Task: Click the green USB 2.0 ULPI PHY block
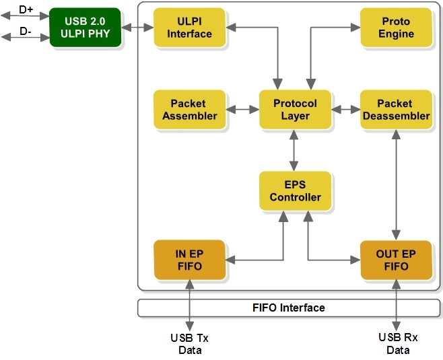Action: pyautogui.click(x=86, y=28)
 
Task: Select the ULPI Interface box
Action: pyautogui.click(x=190, y=28)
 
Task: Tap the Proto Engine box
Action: pyautogui.click(x=397, y=28)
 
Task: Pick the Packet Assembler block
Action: pyautogui.click(x=190, y=110)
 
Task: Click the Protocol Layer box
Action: pyautogui.click(x=296, y=110)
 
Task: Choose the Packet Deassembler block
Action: pyautogui.click(x=397, y=110)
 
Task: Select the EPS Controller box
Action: pyautogui.click(x=296, y=191)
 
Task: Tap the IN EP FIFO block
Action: pyautogui.click(x=190, y=260)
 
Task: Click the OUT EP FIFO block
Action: pyautogui.click(x=397, y=260)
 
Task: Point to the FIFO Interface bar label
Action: pyautogui.click(x=288, y=308)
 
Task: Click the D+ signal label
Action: pyautogui.click(x=26, y=9)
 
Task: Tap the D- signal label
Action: pyautogui.click(x=26, y=31)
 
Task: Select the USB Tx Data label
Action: pyautogui.click(x=190, y=344)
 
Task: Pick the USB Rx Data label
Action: pyautogui.click(x=398, y=344)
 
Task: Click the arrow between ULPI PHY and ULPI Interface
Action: pyautogui.click(x=137, y=28)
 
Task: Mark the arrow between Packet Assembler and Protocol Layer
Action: pyautogui.click(x=242, y=110)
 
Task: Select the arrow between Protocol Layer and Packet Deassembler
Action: pyautogui.click(x=346, y=110)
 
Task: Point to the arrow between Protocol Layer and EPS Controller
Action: pyautogui.click(x=294, y=150)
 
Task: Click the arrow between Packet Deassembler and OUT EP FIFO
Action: pyautogui.click(x=396, y=185)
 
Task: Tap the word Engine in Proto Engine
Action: pyautogui.click(x=396, y=34)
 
